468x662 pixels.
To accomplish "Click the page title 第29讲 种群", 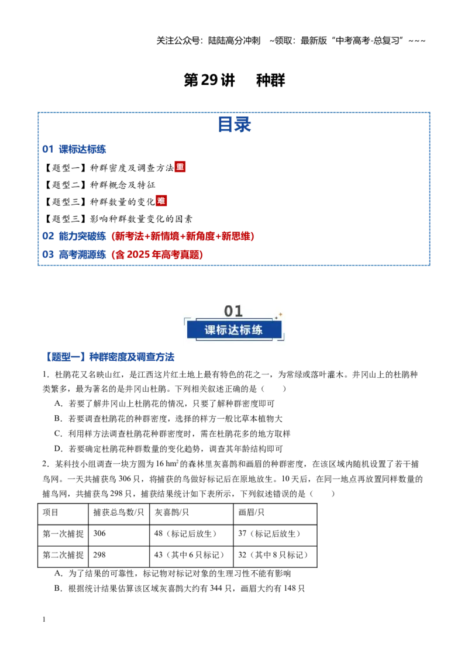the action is [x=235, y=80].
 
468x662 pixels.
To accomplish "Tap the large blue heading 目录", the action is [x=235, y=125].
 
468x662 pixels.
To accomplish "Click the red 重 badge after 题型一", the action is [x=180, y=167].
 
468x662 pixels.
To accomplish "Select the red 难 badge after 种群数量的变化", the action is [x=161, y=201].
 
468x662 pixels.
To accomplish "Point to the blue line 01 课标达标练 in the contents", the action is [x=74, y=149].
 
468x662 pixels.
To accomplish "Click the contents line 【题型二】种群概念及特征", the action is [x=99, y=185].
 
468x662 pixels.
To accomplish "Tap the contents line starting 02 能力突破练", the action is [x=148, y=236].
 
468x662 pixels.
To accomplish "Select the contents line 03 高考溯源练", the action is [x=122, y=254].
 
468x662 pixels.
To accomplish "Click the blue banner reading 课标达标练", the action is [x=234, y=330].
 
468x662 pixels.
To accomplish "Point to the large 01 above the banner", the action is [x=233, y=311].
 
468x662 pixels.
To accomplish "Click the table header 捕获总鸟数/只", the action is [x=119, y=512].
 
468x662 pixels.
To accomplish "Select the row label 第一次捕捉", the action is [x=63, y=534].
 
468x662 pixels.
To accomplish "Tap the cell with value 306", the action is [x=99, y=533].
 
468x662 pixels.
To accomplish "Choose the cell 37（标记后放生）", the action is [x=270, y=534].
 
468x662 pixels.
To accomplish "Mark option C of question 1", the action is [x=173, y=433].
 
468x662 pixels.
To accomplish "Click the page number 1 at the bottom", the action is [x=44, y=619].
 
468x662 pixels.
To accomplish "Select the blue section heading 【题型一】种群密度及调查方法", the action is [x=109, y=357].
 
